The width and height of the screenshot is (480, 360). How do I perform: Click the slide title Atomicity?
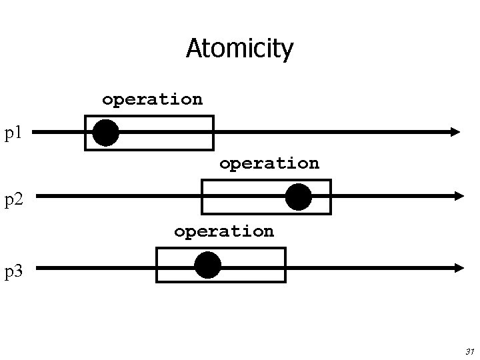click(239, 49)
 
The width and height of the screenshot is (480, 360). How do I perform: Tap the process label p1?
click(14, 133)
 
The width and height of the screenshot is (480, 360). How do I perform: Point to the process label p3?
click(14, 271)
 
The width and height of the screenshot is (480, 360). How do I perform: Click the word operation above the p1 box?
click(152, 99)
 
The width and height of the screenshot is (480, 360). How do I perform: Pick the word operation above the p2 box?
click(269, 163)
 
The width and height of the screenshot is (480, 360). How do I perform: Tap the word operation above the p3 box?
click(223, 231)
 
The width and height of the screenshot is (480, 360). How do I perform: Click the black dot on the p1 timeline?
click(106, 132)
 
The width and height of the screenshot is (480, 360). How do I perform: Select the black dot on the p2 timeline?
click(298, 197)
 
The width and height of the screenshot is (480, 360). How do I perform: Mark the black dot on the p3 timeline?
click(207, 265)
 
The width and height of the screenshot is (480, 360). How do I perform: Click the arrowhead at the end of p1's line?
click(455, 132)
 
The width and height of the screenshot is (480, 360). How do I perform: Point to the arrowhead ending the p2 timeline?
click(459, 196)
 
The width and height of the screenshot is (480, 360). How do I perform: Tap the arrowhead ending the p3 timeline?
click(459, 267)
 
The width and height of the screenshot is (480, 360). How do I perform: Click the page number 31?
click(469, 351)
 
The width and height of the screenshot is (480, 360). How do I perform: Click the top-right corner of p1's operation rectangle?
click(213, 117)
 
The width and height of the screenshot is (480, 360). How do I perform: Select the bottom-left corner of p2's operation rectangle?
click(203, 213)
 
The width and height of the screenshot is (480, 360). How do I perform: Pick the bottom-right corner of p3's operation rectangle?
click(285, 281)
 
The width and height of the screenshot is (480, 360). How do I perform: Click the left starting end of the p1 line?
click(33, 132)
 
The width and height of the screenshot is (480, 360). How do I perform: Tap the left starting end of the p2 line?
click(37, 196)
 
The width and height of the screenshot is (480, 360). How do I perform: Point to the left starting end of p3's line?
click(37, 267)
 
